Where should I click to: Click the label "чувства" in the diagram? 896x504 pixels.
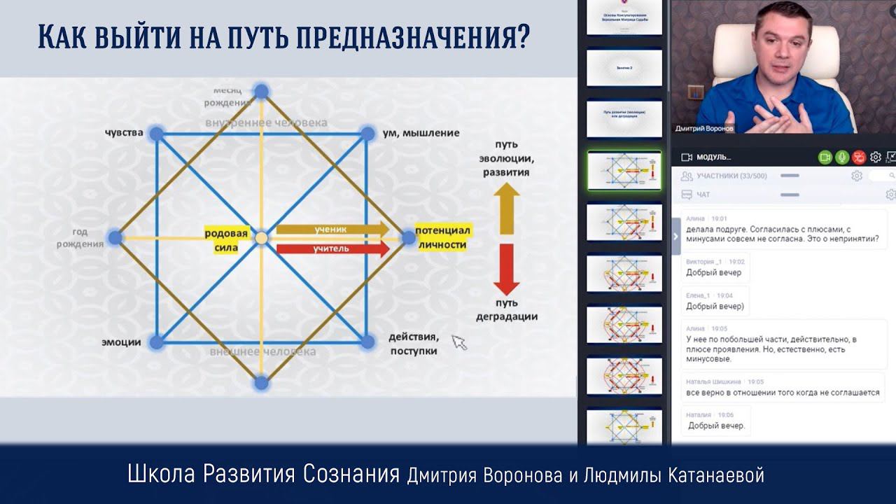point(124,133)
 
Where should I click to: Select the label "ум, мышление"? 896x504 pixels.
point(421,133)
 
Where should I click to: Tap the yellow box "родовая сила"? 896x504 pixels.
point(226,240)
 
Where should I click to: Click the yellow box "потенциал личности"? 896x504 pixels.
point(442,237)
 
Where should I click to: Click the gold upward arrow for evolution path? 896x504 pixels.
point(506,208)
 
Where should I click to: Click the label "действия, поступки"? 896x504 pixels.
point(413,344)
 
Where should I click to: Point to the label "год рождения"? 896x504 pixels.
point(88,238)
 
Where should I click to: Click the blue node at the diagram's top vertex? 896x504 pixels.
point(261,91)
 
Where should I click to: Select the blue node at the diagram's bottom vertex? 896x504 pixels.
point(261,383)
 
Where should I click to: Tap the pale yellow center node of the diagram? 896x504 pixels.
point(261,238)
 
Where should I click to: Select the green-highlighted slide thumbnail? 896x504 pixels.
point(624,170)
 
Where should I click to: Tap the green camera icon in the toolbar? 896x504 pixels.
point(825,157)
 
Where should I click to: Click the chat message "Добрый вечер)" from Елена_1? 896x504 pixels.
point(715,306)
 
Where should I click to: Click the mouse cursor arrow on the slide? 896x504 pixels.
point(458,342)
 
